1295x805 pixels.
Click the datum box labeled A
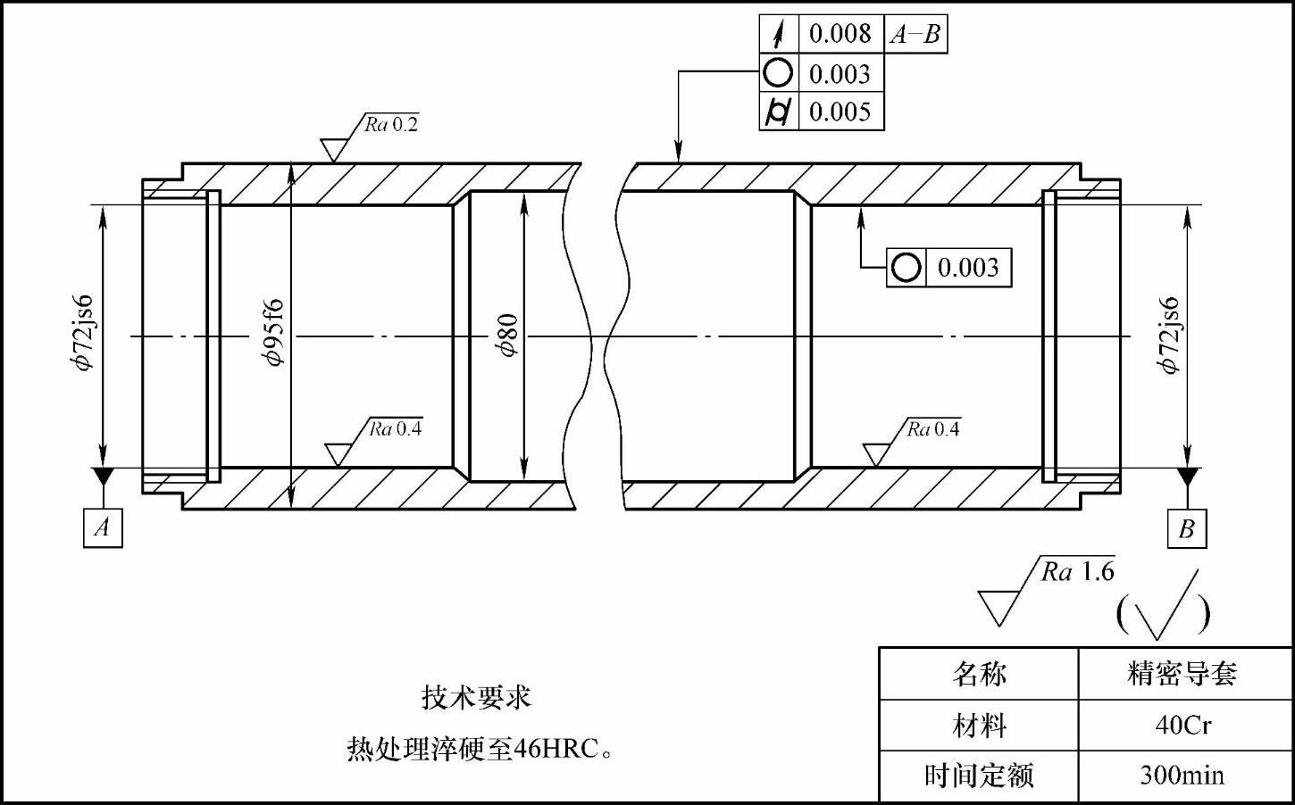[103, 527]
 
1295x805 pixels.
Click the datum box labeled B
[1186, 528]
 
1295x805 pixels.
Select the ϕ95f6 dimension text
[272, 333]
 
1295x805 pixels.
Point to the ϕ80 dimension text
[507, 336]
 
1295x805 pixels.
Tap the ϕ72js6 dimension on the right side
[1169, 336]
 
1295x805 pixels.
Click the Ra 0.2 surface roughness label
[391, 124]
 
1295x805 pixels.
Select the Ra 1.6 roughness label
[1077, 571]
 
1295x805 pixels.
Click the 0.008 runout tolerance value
[840, 34]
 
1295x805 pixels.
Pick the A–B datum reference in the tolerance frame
[915, 34]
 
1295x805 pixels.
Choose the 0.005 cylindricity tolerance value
[840, 112]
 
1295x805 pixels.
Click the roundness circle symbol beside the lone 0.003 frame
[906, 268]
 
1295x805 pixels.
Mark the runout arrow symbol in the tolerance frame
[779, 34]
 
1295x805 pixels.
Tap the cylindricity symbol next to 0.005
[779, 112]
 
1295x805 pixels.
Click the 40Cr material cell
[1183, 725]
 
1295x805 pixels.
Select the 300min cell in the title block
[1183, 775]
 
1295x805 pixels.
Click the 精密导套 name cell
[1183, 673]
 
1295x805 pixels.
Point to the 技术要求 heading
[476, 696]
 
